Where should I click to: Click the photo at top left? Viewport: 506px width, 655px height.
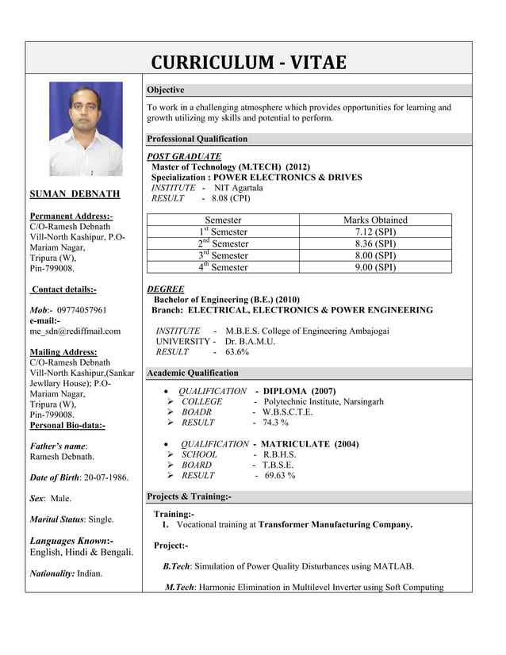pos(86,128)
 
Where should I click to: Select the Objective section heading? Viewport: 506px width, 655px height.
pos(166,90)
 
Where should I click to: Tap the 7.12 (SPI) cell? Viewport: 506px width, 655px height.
pos(375,232)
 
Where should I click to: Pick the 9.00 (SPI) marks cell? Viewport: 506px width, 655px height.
pos(375,267)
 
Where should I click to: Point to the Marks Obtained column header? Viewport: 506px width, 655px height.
pos(375,220)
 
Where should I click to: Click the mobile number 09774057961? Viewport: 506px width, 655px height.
pos(79,310)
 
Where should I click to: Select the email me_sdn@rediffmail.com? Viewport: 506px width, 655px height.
pos(75,331)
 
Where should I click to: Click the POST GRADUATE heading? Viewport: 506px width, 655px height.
pos(185,156)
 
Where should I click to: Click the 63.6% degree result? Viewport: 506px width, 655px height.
pos(237,351)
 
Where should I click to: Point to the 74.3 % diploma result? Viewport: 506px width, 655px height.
pos(276,423)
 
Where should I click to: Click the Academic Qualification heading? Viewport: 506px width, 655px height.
pos(193,373)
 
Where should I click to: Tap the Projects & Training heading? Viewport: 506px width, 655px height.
pos(190,496)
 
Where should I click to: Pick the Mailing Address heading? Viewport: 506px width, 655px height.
pos(63,352)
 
